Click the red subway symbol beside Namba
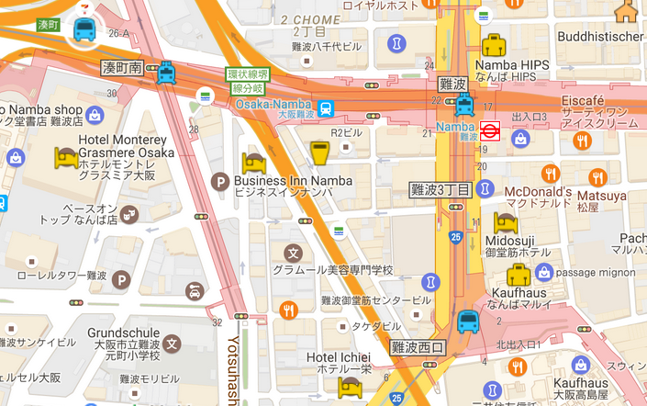489,130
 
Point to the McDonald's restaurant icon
550,173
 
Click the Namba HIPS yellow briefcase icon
494,45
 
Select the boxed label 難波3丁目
440,190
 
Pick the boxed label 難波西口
418,347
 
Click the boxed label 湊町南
123,68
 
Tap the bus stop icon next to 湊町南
166,72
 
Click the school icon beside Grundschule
173,344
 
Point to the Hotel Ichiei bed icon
349,388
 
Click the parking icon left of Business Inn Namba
219,182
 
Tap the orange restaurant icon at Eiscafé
581,141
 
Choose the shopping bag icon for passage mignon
544,272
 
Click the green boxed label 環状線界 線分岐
248,81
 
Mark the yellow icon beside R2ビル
319,153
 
